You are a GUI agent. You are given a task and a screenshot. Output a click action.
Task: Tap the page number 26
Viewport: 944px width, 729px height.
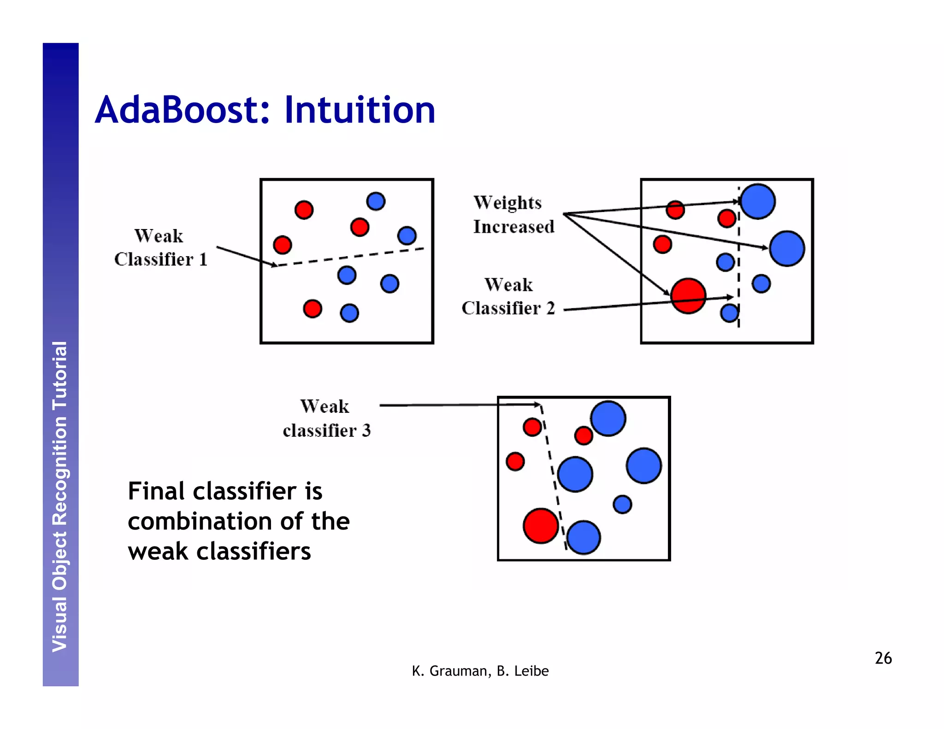pyautogui.click(x=883, y=658)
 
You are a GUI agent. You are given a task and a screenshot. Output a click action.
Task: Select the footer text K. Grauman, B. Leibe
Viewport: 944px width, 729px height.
pyautogui.click(x=480, y=671)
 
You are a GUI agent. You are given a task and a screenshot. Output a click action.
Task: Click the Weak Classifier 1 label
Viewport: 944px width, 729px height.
pyautogui.click(x=160, y=248)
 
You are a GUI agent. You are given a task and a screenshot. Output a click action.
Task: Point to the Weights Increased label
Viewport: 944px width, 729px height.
pyautogui.click(x=513, y=215)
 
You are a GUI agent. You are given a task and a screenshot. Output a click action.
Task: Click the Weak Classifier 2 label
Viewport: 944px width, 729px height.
pyautogui.click(x=508, y=297)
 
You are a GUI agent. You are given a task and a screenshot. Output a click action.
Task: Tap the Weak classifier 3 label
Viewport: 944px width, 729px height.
pyautogui.click(x=326, y=418)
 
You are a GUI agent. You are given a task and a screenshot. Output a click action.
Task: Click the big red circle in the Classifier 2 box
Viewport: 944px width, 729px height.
pyautogui.click(x=688, y=296)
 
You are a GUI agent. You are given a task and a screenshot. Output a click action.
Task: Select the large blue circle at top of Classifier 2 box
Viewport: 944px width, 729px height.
pyautogui.click(x=758, y=201)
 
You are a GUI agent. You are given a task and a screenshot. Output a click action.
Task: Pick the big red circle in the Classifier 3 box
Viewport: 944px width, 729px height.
pyautogui.click(x=541, y=526)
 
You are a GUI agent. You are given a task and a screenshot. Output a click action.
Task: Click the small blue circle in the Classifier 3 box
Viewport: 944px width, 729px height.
pyautogui.click(x=622, y=504)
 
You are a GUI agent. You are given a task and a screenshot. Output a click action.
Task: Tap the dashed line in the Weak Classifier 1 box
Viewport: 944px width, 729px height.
pyautogui.click(x=350, y=257)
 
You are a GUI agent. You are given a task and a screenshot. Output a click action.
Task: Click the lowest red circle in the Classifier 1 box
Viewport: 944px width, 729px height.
pyautogui.click(x=313, y=308)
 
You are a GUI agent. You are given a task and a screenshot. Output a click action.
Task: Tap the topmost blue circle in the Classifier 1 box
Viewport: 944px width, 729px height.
pyautogui.click(x=376, y=201)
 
